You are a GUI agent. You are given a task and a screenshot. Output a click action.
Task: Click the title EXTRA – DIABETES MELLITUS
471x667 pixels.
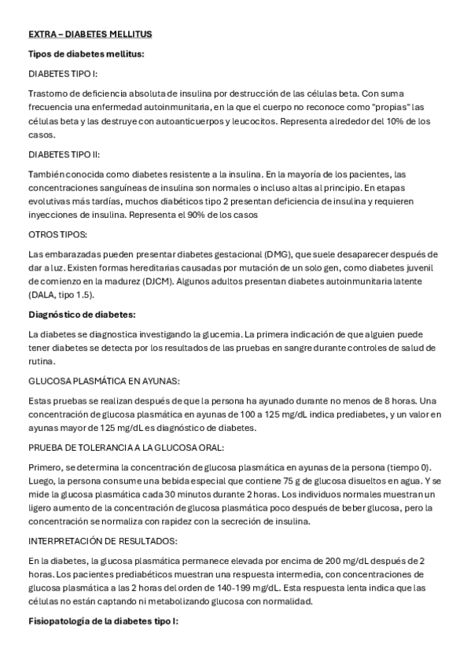90,35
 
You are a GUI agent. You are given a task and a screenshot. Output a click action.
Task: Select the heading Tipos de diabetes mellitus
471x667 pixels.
86,53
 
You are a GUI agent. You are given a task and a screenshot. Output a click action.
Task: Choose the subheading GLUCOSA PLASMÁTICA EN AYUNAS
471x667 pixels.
103,381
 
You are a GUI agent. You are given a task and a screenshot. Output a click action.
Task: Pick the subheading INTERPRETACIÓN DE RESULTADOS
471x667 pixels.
102,542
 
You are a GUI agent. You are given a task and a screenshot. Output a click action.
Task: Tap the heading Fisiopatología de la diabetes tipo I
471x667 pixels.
103,621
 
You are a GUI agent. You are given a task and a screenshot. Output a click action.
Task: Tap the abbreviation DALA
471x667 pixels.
44,295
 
